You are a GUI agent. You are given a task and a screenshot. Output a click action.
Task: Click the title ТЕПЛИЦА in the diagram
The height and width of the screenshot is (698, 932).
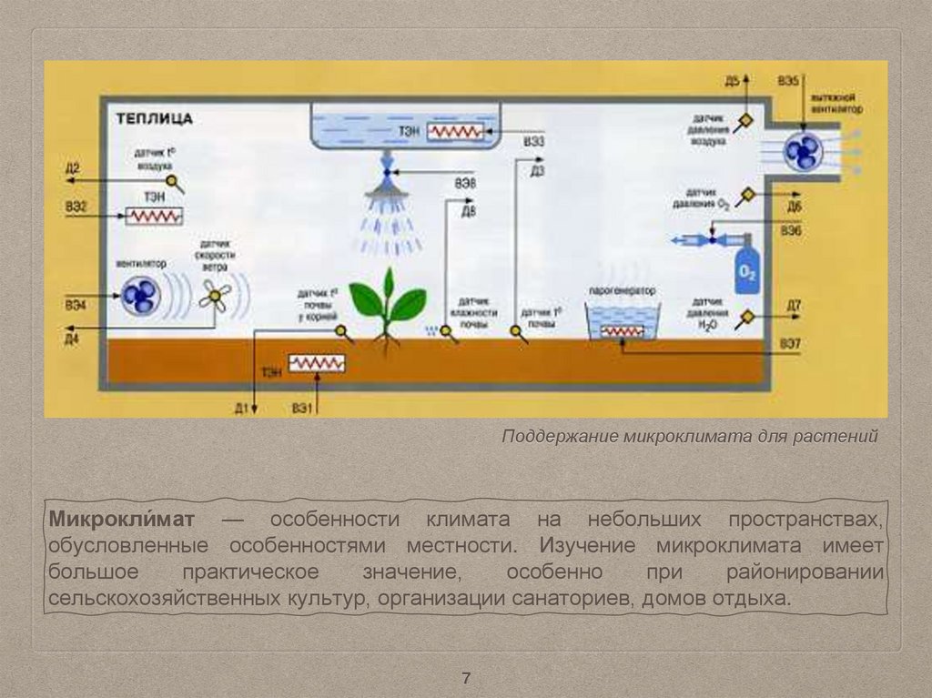point(153,119)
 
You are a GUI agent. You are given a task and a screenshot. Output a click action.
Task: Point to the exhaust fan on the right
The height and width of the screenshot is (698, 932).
point(803,151)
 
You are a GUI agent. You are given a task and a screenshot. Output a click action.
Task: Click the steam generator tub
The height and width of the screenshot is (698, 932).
point(623,321)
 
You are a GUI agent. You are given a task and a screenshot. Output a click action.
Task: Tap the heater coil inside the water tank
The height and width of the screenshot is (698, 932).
point(457,131)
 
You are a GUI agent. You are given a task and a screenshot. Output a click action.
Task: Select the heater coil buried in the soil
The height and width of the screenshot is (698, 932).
point(317,363)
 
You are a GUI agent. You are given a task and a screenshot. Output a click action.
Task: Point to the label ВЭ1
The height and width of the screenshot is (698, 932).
point(303,409)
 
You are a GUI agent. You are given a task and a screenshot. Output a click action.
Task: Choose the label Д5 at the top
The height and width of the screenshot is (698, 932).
point(733,82)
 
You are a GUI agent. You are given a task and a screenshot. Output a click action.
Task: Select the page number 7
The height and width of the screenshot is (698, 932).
point(466,678)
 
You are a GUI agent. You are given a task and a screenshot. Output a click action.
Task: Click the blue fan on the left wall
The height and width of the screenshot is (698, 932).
point(140,295)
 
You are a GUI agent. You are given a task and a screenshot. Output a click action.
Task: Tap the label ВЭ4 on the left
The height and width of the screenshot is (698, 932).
point(76,305)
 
